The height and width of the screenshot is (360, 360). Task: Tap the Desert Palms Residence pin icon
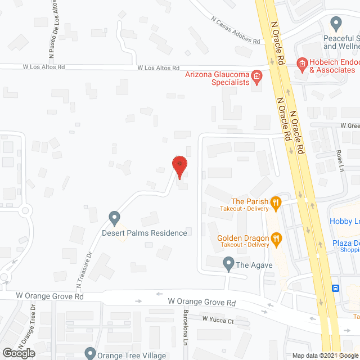pos(114,217)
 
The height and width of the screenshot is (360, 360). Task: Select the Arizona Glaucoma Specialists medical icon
pos(257,76)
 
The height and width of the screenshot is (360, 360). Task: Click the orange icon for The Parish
pos(276,202)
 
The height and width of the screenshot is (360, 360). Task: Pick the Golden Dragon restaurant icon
pos(277,238)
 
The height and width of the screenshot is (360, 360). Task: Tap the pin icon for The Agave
pos(228,262)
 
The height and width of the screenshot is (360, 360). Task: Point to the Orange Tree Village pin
pos(90,354)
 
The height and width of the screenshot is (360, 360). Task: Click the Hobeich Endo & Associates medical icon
pos(301,64)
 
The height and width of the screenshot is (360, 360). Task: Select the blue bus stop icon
pos(336,288)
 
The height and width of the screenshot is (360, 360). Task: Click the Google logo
pos(18,353)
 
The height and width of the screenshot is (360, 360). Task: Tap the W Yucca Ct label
pos(218,320)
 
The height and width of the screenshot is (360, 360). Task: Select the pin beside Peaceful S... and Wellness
pos(336,24)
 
